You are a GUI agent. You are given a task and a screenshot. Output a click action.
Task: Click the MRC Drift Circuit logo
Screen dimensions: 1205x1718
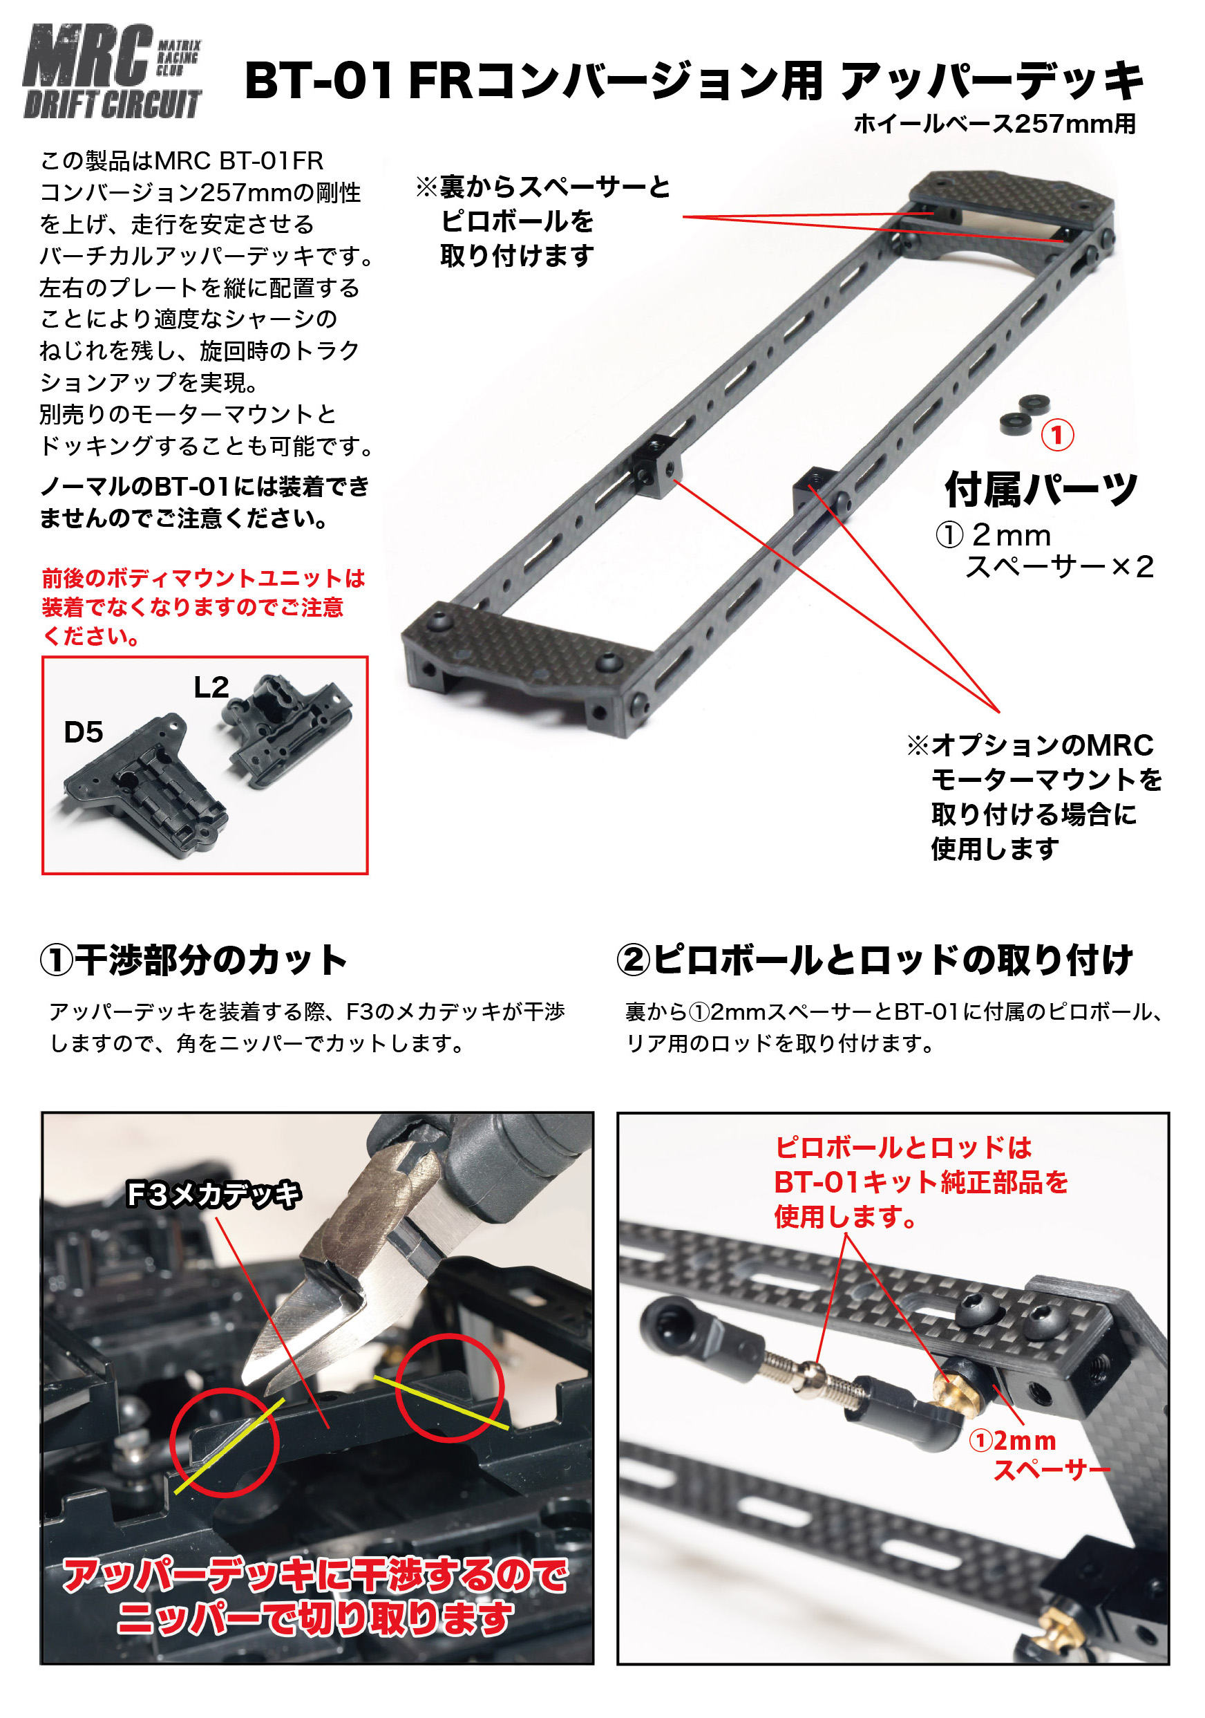coord(112,71)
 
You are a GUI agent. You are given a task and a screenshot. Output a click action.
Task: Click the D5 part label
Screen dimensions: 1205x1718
coord(83,732)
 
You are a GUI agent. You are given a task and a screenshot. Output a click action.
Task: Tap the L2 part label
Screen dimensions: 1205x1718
coord(211,687)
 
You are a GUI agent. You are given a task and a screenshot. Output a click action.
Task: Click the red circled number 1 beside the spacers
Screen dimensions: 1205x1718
coord(1057,435)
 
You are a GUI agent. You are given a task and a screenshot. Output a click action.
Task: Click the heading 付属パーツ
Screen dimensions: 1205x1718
coord(1041,489)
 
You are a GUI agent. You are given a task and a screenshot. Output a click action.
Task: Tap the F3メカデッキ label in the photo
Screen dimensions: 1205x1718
coord(214,1193)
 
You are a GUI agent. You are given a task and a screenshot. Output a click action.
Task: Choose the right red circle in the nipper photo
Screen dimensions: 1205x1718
coord(450,1388)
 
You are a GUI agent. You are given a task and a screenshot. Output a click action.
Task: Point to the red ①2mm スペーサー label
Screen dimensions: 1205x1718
coord(1040,1455)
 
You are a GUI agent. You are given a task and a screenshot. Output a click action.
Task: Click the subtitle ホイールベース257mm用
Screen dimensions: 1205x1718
coord(995,124)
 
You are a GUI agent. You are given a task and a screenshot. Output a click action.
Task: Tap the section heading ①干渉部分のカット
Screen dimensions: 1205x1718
coord(193,960)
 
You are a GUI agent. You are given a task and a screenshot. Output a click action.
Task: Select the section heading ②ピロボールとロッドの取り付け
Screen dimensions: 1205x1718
coord(875,960)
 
